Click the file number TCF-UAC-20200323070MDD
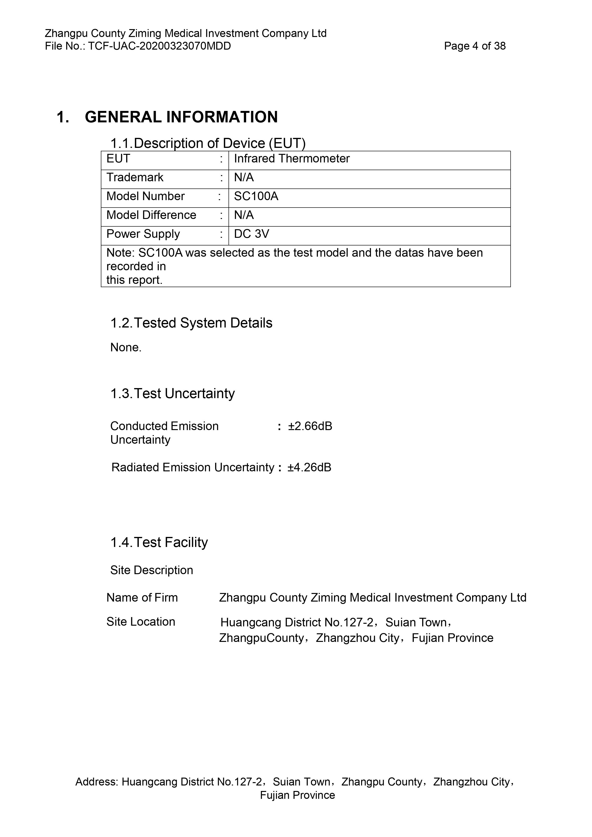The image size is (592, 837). [x=159, y=46]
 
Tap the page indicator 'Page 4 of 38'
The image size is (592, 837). [x=475, y=46]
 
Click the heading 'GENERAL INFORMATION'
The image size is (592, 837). [x=181, y=117]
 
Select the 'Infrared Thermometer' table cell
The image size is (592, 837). [x=292, y=159]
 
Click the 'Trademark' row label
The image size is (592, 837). [x=135, y=177]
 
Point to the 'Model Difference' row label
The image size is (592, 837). [x=151, y=215]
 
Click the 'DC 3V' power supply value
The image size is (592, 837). [x=252, y=234]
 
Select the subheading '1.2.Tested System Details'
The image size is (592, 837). [x=191, y=323]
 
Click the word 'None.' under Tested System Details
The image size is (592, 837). [x=126, y=347]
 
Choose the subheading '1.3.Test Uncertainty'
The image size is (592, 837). [x=172, y=394]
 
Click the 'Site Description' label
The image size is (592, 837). [x=152, y=570]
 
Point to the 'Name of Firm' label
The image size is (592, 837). [x=142, y=598]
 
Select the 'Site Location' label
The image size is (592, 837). [x=141, y=622]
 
